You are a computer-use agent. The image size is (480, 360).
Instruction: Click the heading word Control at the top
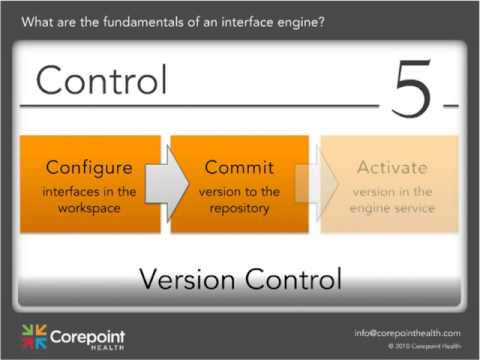pyautogui.click(x=101, y=80)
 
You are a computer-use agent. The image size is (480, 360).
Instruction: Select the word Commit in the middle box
pyautogui.click(x=239, y=166)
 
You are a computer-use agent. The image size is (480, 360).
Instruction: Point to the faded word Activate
pyautogui.click(x=391, y=166)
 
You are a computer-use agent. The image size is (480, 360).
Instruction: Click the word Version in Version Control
pyautogui.click(x=187, y=277)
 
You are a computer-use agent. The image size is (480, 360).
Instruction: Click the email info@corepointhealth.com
pyautogui.click(x=406, y=332)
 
